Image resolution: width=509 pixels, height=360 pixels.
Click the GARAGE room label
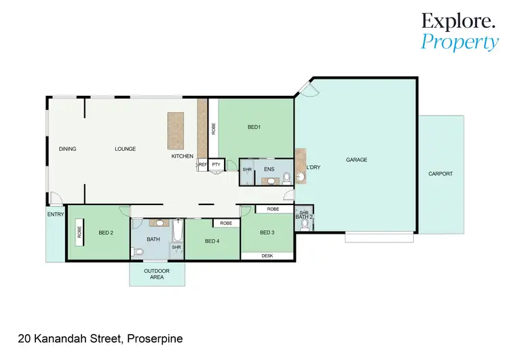click(x=356, y=160)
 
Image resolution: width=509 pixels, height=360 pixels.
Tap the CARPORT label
click(x=440, y=174)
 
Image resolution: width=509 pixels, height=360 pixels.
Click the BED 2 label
click(x=105, y=233)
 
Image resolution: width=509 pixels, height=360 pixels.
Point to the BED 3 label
click(x=267, y=233)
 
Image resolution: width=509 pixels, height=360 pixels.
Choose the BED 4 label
click(x=212, y=241)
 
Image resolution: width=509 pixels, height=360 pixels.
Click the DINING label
click(x=67, y=149)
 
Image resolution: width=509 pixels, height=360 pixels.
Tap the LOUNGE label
click(x=125, y=149)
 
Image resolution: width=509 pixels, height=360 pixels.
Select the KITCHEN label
click(x=183, y=156)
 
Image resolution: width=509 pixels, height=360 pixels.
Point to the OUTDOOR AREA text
click(x=157, y=274)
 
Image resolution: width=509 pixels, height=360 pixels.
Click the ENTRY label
click(x=56, y=215)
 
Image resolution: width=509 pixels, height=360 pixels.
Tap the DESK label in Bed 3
click(x=267, y=256)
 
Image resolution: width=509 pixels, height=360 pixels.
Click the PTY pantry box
click(x=216, y=164)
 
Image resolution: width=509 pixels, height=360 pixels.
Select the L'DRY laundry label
click(x=314, y=168)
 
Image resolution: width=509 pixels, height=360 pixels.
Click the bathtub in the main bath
click(x=176, y=232)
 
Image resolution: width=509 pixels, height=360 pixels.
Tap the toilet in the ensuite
click(x=287, y=178)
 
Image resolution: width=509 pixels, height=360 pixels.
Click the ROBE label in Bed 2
click(x=79, y=233)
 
